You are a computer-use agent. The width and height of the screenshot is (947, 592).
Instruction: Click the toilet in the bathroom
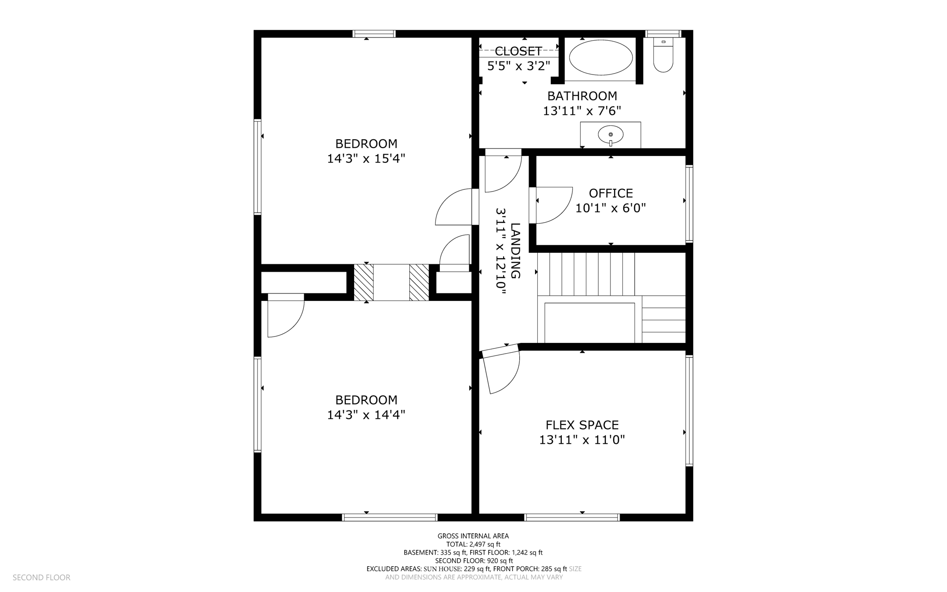(x=663, y=57)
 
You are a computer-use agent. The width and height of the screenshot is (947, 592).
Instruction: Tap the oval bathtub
(x=600, y=57)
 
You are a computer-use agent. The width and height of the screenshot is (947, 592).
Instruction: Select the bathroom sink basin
(x=610, y=135)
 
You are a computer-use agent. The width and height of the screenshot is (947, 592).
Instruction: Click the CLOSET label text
(x=518, y=51)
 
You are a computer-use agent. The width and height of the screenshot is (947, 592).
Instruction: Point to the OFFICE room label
(x=610, y=193)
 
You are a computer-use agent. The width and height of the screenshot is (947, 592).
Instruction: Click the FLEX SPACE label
(x=582, y=425)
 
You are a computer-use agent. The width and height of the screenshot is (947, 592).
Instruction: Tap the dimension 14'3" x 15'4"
(x=366, y=159)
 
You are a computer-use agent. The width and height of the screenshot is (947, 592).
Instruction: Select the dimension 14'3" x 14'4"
(x=366, y=415)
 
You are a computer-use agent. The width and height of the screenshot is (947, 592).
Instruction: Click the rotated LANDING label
(x=515, y=250)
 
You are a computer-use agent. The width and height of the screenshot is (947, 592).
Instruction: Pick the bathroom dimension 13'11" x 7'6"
(x=582, y=111)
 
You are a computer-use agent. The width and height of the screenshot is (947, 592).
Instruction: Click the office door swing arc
(x=555, y=206)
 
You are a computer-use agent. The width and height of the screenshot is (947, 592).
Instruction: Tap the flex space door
(x=502, y=370)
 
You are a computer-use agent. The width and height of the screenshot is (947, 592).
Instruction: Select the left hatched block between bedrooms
(x=363, y=282)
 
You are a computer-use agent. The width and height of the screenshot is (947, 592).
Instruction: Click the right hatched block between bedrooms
(x=419, y=282)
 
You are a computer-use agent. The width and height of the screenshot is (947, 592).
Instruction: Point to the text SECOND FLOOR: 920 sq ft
(x=473, y=561)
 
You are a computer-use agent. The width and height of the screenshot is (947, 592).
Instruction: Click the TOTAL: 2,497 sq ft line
(x=473, y=544)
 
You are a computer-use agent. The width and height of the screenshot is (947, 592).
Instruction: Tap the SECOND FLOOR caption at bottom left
(x=41, y=578)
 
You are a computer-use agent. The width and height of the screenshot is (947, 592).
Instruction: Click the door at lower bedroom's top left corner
(x=286, y=317)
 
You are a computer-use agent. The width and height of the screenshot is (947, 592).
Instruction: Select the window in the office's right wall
(x=689, y=204)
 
